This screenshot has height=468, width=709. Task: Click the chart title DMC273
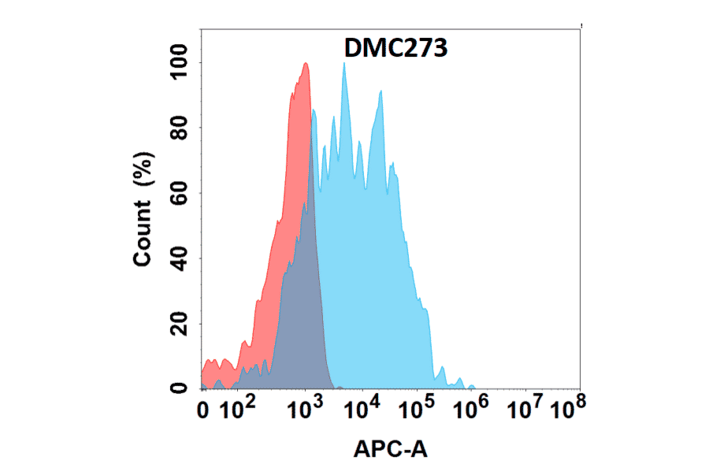pyautogui.click(x=396, y=49)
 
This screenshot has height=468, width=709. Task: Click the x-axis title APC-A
pyautogui.click(x=390, y=450)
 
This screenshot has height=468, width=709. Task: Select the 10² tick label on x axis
pyautogui.click(x=236, y=408)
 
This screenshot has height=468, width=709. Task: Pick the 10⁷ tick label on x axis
pyautogui.click(x=526, y=408)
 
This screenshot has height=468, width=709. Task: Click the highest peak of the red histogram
pyautogui.click(x=305, y=64)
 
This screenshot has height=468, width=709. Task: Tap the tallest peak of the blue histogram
pyautogui.click(x=344, y=64)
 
